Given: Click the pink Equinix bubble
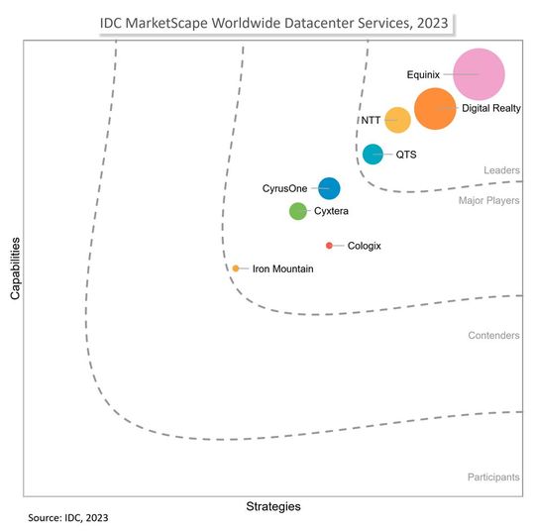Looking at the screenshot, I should pos(480,75).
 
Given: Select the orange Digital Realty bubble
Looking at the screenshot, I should pos(435,109).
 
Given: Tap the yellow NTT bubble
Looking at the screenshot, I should pos(397,120).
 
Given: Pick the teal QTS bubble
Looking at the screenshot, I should pos(373,154).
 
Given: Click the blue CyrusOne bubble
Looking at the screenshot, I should pos(329,188).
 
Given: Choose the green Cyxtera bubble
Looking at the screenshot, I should pos(297,211).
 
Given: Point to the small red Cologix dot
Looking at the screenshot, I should pos(329,246).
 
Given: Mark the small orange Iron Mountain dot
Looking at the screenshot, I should pos(236,268).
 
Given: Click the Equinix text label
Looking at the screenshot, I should pos(423,74).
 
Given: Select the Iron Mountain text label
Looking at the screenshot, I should pos(283,268).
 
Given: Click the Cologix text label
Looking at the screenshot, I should pos(365,246).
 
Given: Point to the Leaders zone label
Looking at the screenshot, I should pos(501,170).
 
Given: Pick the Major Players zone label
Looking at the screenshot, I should pos(489,201).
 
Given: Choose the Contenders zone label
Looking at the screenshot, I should pos(493,336).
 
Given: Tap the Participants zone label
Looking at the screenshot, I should pos(493,478).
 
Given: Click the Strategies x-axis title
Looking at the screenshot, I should pos(272,506).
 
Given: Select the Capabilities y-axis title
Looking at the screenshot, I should pos(15,267).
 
